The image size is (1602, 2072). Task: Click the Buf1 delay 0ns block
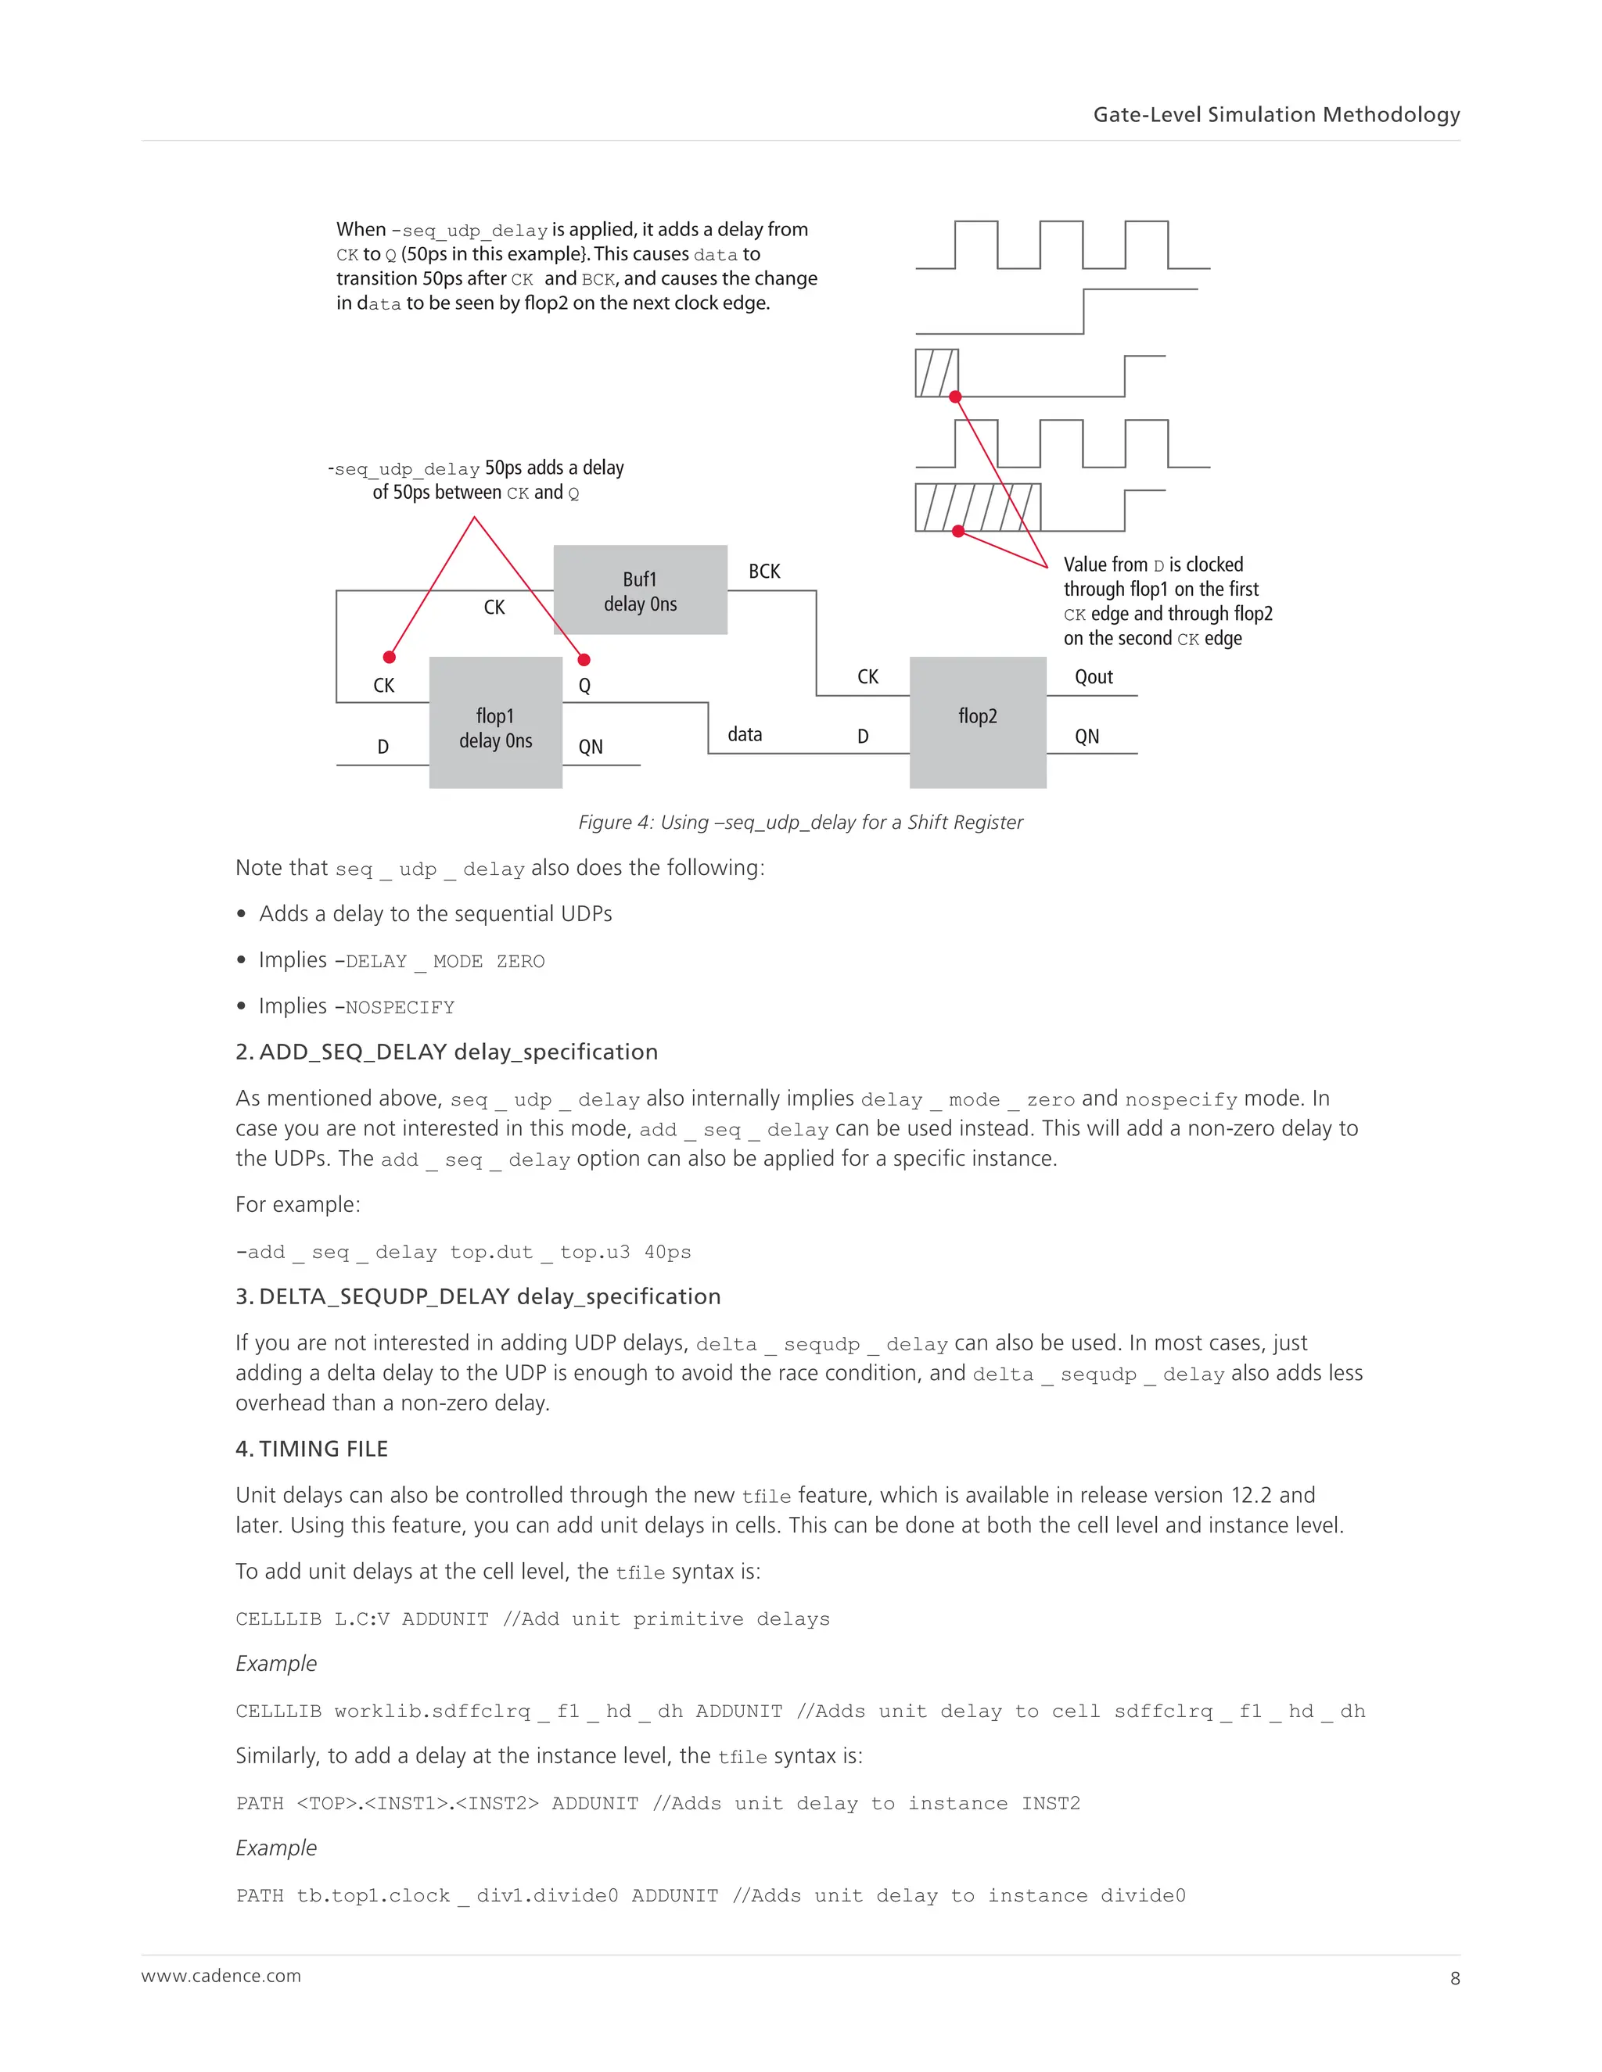[x=640, y=590]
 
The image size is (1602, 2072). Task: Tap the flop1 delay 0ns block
[x=495, y=723]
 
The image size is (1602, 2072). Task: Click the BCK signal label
[x=764, y=571]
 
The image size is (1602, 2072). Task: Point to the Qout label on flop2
[x=1094, y=676]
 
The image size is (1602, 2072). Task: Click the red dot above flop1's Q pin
[x=584, y=659]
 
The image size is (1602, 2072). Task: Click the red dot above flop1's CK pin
[x=389, y=657]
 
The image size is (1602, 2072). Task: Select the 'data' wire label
[x=745, y=734]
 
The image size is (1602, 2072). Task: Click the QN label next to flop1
[x=591, y=747]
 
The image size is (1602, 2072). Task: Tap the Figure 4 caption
[x=800, y=823]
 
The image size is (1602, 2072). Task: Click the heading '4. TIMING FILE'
[x=311, y=1449]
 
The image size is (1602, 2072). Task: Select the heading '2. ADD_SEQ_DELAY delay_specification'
[x=446, y=1052]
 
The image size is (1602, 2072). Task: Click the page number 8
[x=1455, y=1978]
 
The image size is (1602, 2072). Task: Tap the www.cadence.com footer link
[x=221, y=1976]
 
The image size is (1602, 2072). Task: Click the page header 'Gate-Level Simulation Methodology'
[x=1276, y=115]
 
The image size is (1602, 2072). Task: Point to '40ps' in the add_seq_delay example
[x=667, y=1253]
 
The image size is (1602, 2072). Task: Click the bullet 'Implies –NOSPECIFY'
[x=356, y=1006]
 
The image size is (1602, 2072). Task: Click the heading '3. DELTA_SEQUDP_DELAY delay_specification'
[x=477, y=1297]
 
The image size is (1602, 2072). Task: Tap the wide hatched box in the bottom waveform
[x=978, y=507]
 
